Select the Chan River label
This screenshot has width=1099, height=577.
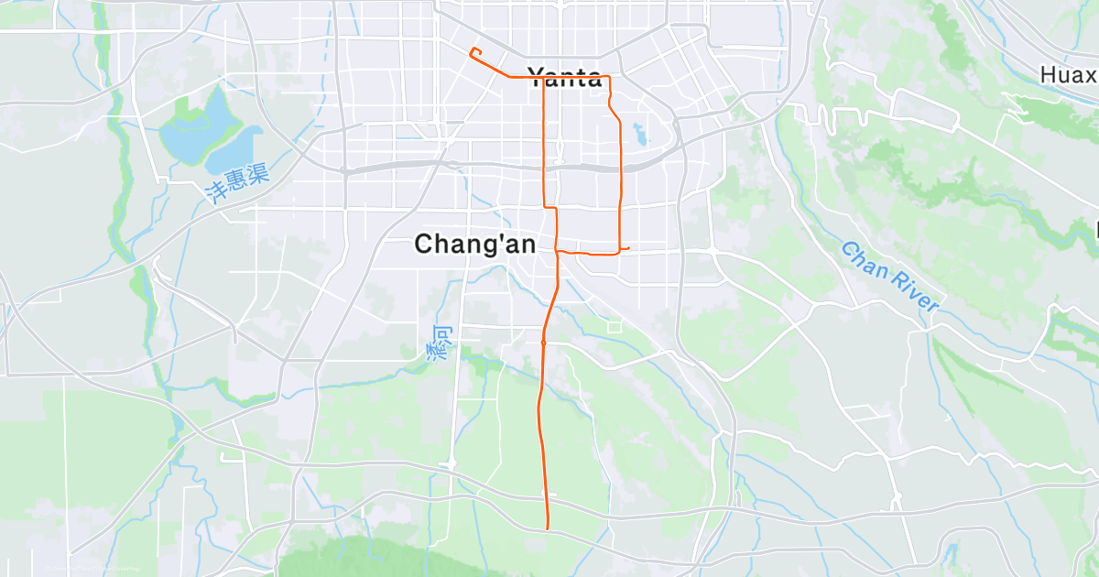tap(889, 278)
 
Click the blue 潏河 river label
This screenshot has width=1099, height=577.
tap(438, 340)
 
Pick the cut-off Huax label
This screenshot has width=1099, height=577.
tap(1069, 74)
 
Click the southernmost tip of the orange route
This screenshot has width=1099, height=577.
tap(547, 528)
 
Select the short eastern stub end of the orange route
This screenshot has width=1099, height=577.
tap(628, 247)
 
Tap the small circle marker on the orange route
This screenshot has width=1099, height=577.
tap(543, 343)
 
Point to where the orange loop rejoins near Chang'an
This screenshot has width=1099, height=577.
tap(557, 250)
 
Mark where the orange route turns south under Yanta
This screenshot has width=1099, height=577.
tap(544, 78)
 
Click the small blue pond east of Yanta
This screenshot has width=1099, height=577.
tap(639, 136)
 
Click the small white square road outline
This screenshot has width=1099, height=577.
tap(614, 325)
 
